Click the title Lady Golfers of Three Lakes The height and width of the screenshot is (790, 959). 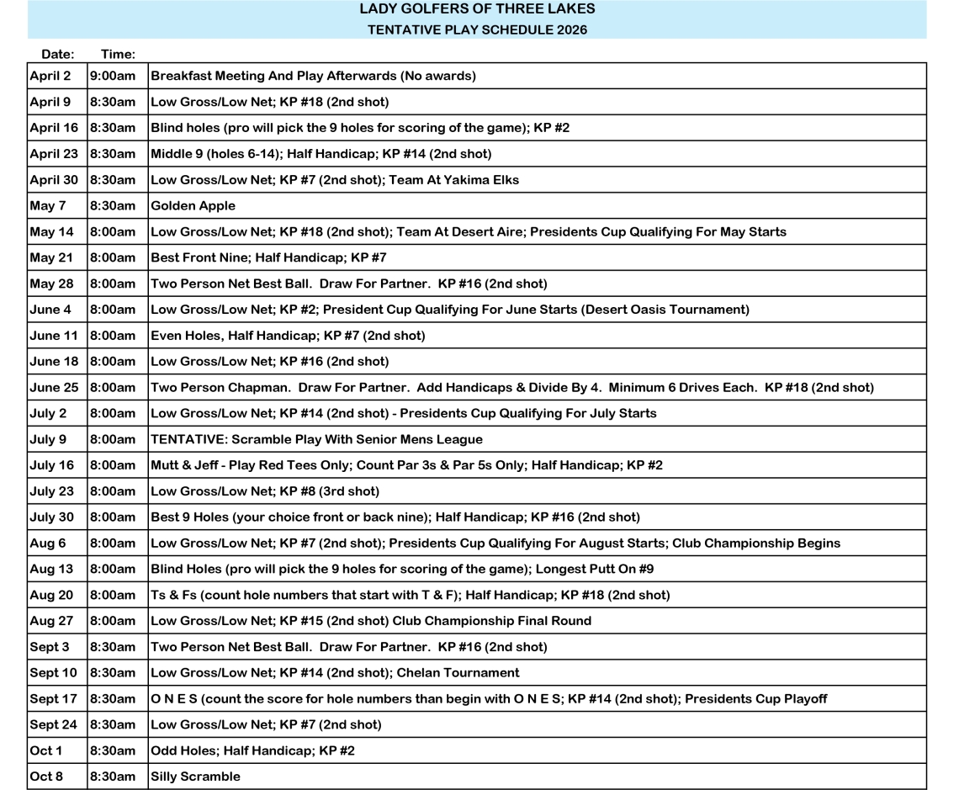point(477,10)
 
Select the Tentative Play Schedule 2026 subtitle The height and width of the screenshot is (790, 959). point(477,30)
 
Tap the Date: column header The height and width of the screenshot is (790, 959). point(57,55)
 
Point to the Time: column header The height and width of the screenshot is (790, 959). point(118,55)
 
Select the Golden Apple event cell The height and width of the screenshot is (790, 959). point(193,205)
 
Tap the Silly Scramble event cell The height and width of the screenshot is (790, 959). point(195,777)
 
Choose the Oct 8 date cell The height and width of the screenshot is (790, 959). point(46,777)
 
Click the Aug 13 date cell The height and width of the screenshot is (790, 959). point(51,569)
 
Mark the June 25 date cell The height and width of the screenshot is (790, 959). point(54,387)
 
